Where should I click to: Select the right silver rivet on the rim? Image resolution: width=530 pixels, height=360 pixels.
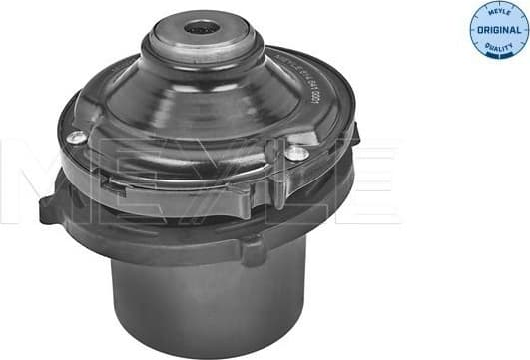tap(296, 153)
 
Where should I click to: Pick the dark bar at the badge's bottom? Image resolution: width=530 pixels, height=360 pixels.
tap(498, 58)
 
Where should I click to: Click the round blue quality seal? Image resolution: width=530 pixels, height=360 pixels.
tap(498, 31)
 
